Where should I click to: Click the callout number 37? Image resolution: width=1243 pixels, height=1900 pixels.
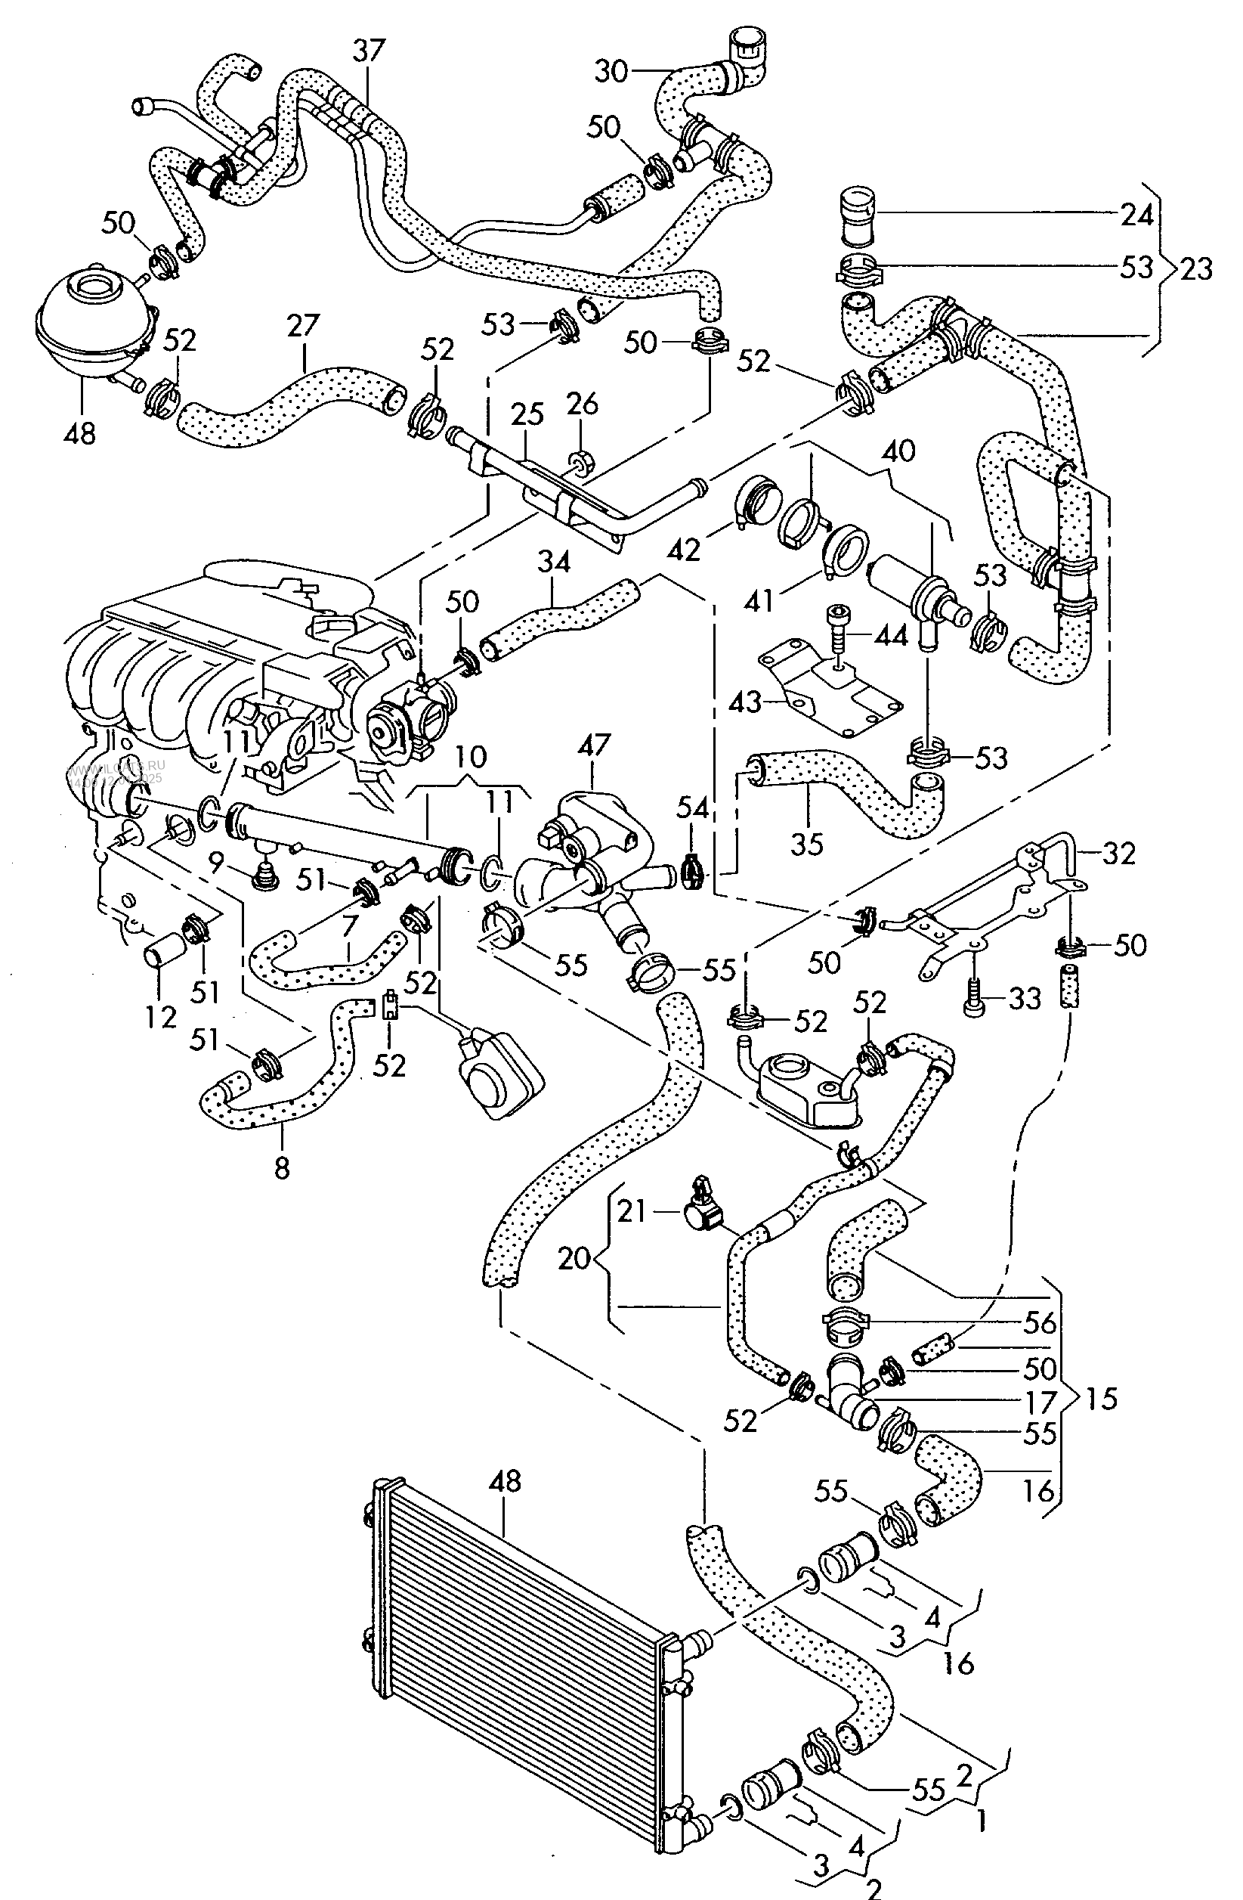pos(369,51)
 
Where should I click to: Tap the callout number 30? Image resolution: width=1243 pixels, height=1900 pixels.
pos(611,71)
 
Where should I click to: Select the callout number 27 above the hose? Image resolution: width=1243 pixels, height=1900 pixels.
pos(304,326)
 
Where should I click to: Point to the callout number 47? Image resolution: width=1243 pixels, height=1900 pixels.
pos(595,745)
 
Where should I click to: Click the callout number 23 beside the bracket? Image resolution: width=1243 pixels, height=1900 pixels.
pos(1195,269)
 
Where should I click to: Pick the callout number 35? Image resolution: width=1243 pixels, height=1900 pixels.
pos(805,844)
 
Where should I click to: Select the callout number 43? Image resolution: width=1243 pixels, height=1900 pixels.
pos(747,703)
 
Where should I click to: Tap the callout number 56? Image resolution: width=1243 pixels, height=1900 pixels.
pos(1040,1323)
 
